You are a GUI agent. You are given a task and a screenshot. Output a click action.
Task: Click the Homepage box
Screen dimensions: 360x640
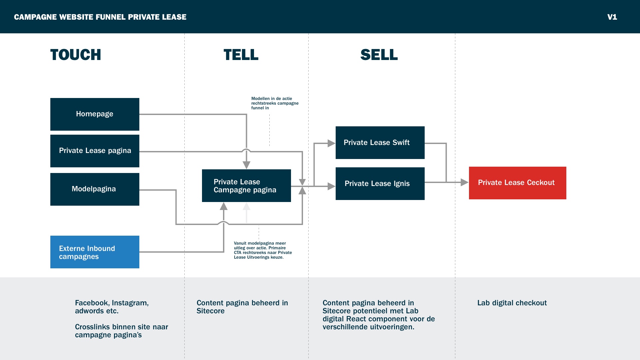pyautogui.click(x=95, y=114)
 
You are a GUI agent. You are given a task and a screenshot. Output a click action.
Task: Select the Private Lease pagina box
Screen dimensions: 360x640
pyautogui.click(x=95, y=151)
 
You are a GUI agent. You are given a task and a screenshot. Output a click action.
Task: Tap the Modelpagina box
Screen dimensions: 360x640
pyautogui.click(x=95, y=189)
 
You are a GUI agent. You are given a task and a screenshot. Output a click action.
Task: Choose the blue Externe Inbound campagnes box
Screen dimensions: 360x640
pyautogui.click(x=95, y=252)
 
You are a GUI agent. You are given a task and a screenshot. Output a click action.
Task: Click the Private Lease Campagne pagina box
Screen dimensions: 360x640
pyautogui.click(x=246, y=186)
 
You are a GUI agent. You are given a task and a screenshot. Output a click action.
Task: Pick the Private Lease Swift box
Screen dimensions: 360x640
pyautogui.click(x=380, y=143)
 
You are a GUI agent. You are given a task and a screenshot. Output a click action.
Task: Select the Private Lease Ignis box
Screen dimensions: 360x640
pyautogui.click(x=380, y=184)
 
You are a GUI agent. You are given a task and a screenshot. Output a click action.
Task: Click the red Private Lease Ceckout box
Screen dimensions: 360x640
pyautogui.click(x=517, y=183)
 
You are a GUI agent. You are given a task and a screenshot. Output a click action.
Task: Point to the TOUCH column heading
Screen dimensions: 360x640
pyautogui.click(x=76, y=55)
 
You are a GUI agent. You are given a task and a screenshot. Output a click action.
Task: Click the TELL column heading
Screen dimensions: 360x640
pyautogui.click(x=241, y=55)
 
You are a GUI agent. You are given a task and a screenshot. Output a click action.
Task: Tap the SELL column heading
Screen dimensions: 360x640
pyautogui.click(x=379, y=55)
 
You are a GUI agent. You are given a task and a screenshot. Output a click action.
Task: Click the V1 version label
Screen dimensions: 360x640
pyautogui.click(x=612, y=17)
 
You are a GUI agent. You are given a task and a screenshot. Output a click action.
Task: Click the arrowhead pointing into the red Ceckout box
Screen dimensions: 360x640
pyautogui.click(x=464, y=182)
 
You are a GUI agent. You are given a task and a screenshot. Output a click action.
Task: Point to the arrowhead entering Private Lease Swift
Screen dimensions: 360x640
pyautogui.click(x=331, y=143)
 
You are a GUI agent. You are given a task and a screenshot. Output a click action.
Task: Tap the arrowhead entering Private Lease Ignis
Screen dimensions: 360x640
pyautogui.click(x=331, y=186)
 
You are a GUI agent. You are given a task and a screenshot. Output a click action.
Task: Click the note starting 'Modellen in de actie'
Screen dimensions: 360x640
pyautogui.click(x=275, y=103)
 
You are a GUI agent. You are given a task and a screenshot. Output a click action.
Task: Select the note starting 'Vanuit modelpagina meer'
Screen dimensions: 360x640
pyautogui.click(x=263, y=250)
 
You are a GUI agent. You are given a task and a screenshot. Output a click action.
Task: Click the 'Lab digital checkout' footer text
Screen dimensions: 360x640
pyautogui.click(x=512, y=303)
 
